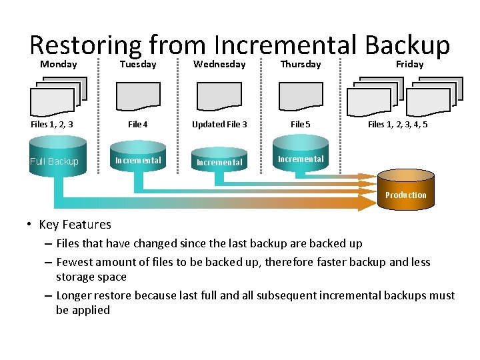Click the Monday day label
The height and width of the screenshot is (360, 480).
tap(59, 65)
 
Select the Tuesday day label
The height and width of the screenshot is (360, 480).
tap(138, 65)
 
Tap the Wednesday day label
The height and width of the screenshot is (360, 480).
tap(219, 65)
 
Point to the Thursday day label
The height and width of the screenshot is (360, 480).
tap(301, 65)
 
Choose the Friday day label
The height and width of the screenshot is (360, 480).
tap(410, 65)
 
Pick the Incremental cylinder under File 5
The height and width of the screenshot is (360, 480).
tap(301, 157)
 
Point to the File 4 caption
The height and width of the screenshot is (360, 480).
tap(138, 124)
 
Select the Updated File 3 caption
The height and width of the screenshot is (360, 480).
tap(219, 124)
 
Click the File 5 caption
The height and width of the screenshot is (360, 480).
tap(301, 124)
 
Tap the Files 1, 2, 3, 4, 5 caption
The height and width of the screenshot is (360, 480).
tap(398, 124)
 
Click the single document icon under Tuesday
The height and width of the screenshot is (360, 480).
tap(138, 96)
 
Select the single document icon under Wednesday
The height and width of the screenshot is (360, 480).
tap(219, 96)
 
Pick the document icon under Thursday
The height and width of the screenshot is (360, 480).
tap(301, 96)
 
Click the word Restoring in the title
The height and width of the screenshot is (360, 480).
tap(85, 45)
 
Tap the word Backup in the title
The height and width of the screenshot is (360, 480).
tap(407, 45)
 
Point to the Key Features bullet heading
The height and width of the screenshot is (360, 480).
tap(75, 225)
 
